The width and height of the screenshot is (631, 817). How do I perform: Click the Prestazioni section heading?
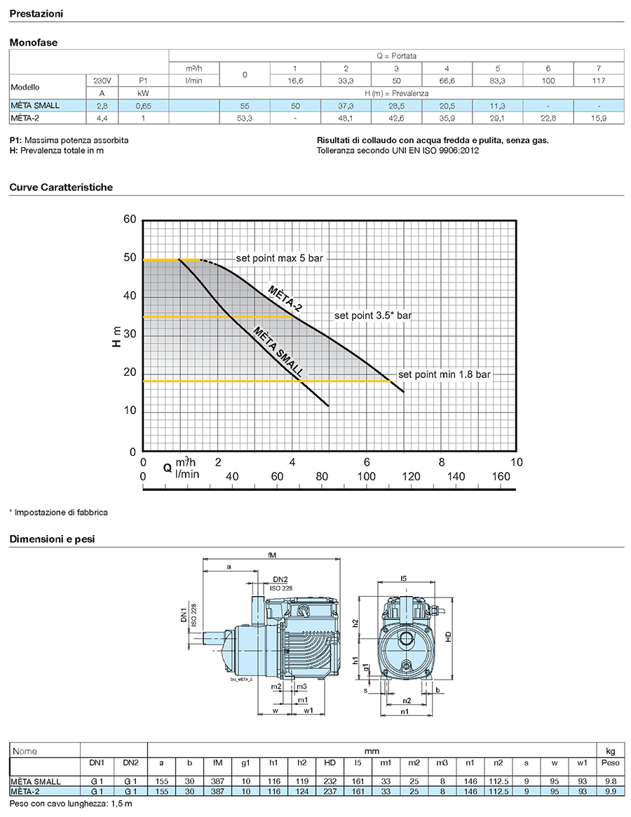pyautogui.click(x=36, y=14)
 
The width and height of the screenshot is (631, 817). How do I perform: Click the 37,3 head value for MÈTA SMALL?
pyautogui.click(x=346, y=106)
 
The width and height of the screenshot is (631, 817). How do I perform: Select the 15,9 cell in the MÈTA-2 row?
pyautogui.click(x=599, y=119)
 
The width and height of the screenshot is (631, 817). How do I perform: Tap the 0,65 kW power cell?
pyautogui.click(x=143, y=106)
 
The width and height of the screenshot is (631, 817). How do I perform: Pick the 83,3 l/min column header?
pyautogui.click(x=498, y=81)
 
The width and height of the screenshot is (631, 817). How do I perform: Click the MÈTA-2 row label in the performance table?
pyautogui.click(x=25, y=119)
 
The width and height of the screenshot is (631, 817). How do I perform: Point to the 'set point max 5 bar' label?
pyautogui.click(x=279, y=258)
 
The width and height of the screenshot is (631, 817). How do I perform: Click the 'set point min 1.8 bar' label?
pyautogui.click(x=444, y=374)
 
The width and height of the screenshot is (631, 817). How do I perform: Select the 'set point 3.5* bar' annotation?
pyautogui.click(x=373, y=316)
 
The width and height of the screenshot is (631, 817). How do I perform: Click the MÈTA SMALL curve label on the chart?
pyautogui.click(x=278, y=351)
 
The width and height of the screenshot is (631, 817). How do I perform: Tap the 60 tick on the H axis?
pyautogui.click(x=130, y=220)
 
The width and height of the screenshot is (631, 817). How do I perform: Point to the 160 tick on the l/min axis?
pyautogui.click(x=501, y=476)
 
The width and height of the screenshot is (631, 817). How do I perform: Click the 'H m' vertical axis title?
pyautogui.click(x=116, y=336)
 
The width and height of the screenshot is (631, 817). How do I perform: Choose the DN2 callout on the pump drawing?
pyautogui.click(x=280, y=579)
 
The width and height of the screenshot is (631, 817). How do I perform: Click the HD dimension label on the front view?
pyautogui.click(x=449, y=636)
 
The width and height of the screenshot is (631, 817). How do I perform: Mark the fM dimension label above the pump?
pyautogui.click(x=271, y=555)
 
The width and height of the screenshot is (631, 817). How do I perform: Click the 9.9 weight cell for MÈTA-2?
pyautogui.click(x=610, y=792)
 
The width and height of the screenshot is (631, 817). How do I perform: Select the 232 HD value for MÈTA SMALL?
pyautogui.click(x=330, y=781)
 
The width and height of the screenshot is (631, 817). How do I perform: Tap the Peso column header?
pyautogui.click(x=610, y=763)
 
